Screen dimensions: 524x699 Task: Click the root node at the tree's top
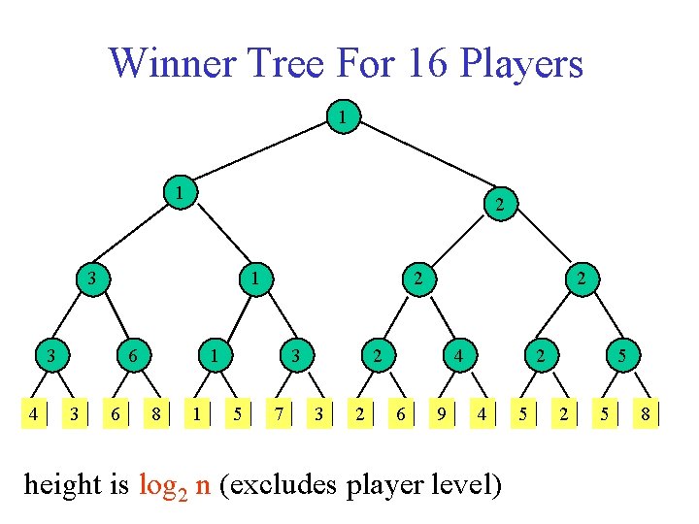coord(343,117)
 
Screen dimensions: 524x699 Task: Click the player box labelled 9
coord(442,414)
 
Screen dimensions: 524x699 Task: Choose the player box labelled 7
coord(279,414)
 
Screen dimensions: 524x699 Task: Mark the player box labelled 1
coord(198,414)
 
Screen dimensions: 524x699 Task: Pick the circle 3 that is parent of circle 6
coord(92,279)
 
